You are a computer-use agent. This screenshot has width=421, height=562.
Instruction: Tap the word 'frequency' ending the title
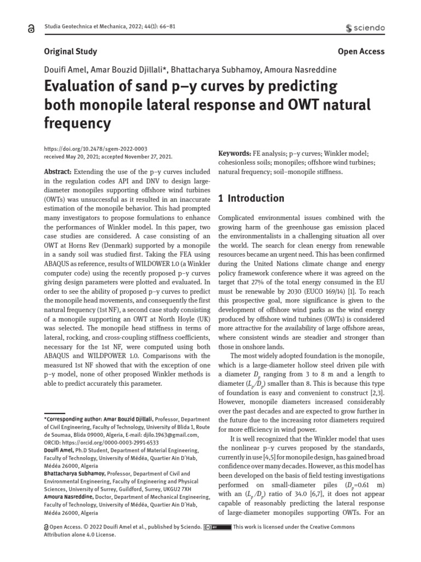(x=77, y=123)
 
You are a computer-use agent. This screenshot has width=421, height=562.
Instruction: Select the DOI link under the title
(x=88, y=148)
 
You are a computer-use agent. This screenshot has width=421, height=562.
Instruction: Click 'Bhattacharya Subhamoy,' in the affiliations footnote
(x=70, y=473)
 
